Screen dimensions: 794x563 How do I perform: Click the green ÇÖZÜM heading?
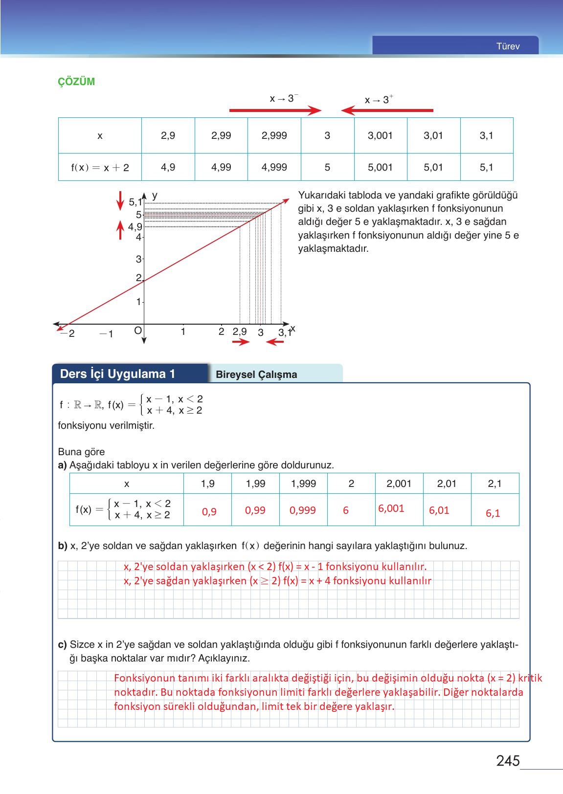[76, 82]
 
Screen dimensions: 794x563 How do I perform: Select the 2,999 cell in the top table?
[274, 135]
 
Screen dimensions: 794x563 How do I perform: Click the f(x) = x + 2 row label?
[100, 168]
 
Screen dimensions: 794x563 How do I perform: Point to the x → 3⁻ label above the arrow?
[284, 99]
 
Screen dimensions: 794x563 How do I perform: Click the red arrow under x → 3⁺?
[387, 110]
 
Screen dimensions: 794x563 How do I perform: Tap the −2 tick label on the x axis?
[68, 334]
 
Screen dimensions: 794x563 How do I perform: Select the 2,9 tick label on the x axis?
[239, 331]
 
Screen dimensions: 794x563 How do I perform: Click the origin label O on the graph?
[138, 331]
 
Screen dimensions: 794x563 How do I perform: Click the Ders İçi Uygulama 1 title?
[117, 374]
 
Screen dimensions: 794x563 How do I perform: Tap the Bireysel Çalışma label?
[256, 375]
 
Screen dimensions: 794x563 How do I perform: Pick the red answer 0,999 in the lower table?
[302, 510]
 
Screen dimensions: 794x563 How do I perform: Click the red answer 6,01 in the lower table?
[439, 510]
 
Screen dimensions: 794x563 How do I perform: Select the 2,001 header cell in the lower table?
[399, 484]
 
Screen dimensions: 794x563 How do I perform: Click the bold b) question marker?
[62, 546]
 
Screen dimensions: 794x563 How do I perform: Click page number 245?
[507, 761]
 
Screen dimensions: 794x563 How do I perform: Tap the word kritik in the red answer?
[530, 678]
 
